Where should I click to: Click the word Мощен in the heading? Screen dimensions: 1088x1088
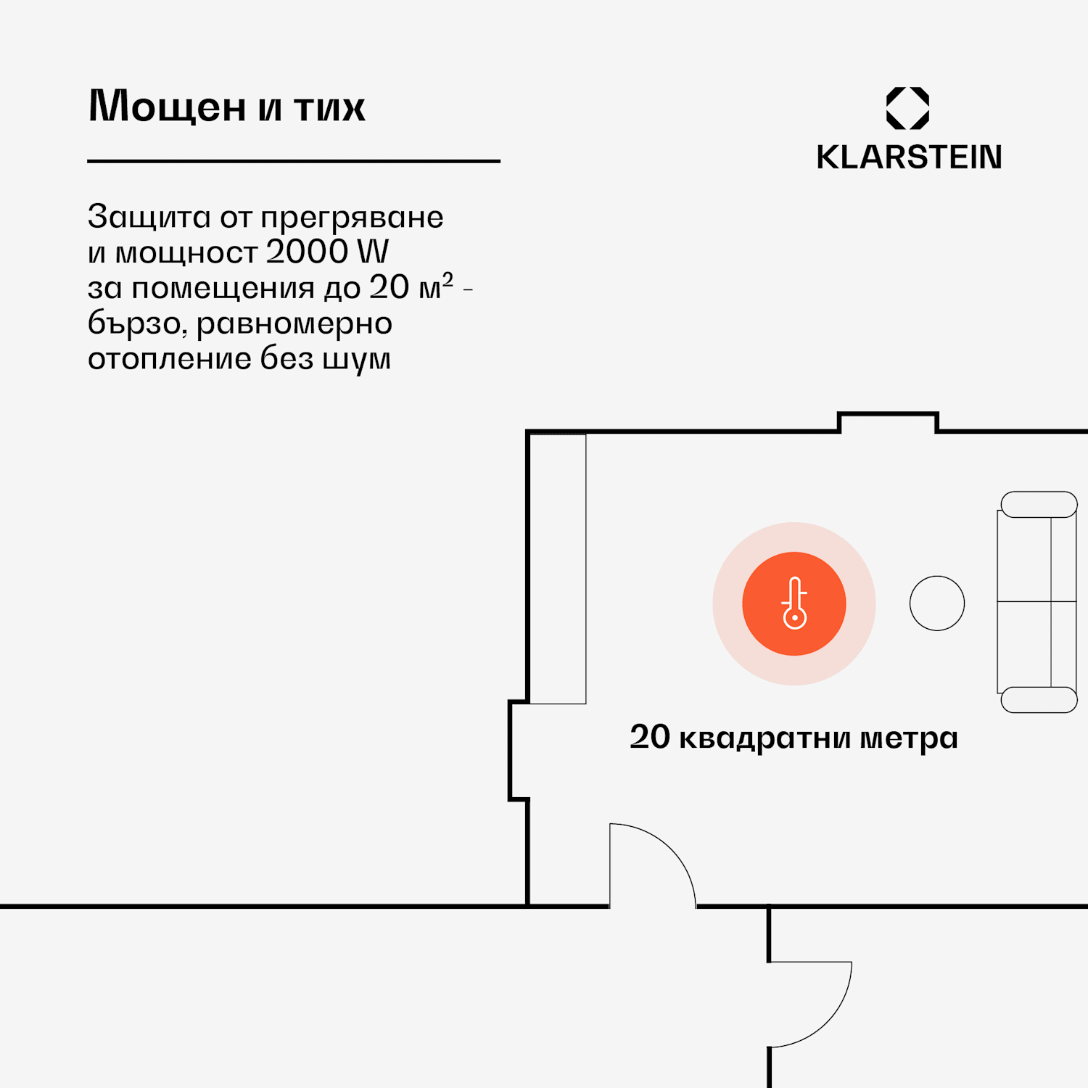(167, 107)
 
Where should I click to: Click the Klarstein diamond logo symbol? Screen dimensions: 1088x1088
(907, 108)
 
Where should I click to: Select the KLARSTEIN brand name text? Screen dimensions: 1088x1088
(909, 157)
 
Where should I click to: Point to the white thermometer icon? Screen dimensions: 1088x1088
(794, 603)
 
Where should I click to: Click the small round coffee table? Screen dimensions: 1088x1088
(937, 603)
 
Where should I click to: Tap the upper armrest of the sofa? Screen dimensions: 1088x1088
(1039, 505)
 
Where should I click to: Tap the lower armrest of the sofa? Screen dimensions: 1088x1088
(1039, 700)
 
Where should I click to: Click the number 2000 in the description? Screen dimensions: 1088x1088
(308, 252)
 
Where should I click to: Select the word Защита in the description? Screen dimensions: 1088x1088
(149, 217)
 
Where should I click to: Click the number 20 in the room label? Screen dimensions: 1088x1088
(650, 737)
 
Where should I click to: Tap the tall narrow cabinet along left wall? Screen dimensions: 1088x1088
(557, 569)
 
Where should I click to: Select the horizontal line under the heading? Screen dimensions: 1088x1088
(294, 161)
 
